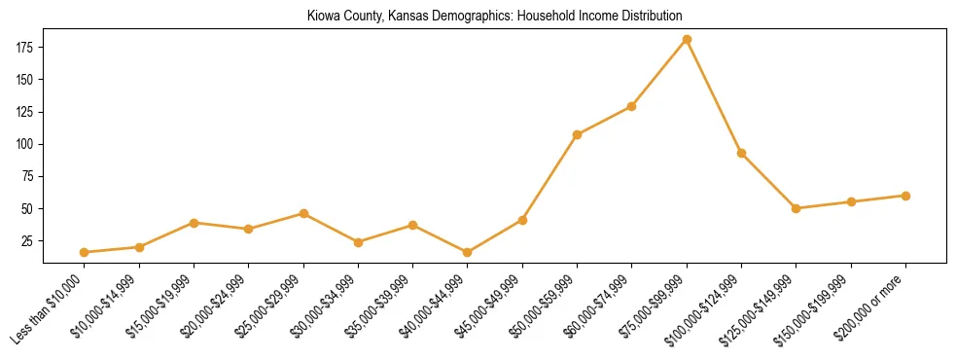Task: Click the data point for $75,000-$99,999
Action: tap(687, 40)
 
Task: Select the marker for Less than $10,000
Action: tap(85, 252)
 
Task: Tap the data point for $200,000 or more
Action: tap(905, 196)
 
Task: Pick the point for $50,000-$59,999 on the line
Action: tap(577, 134)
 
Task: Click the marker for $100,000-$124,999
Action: tap(741, 153)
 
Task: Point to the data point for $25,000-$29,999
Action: tap(303, 213)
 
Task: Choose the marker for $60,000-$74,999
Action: tap(632, 106)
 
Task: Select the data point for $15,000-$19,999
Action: tap(195, 223)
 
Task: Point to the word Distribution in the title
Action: tap(650, 17)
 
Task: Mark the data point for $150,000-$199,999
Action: tap(851, 201)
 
